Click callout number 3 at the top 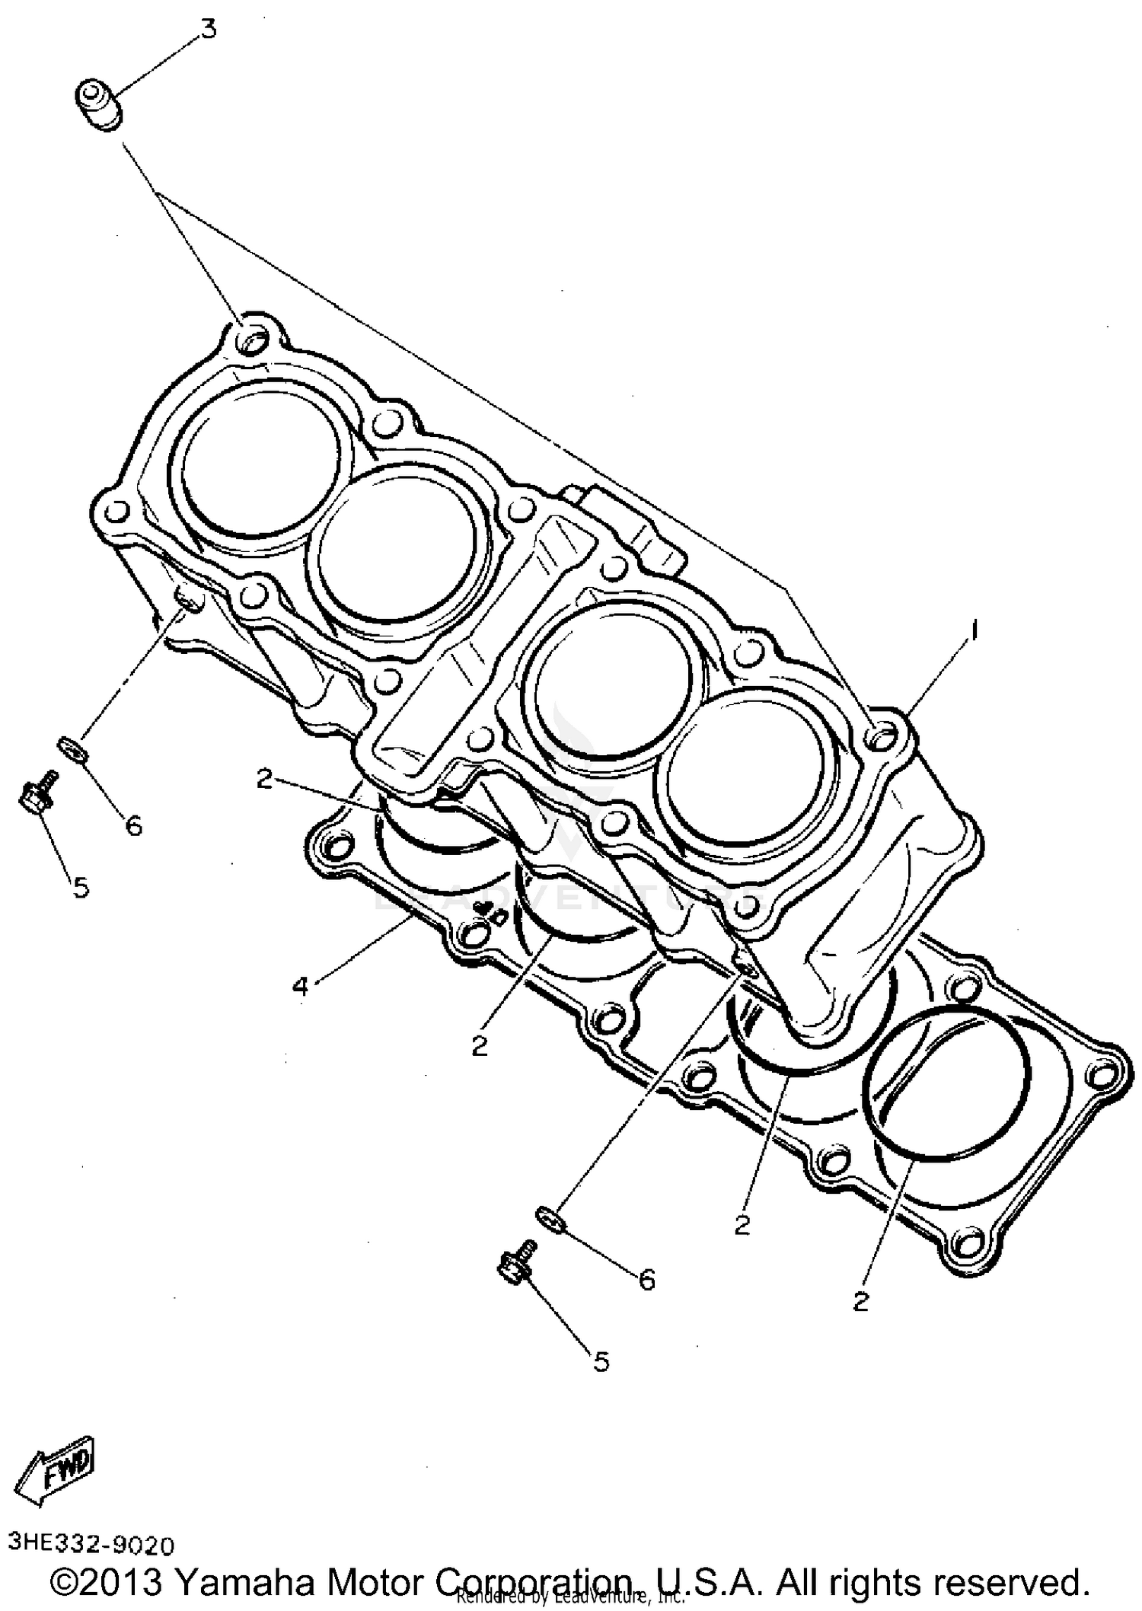click(208, 28)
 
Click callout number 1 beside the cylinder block click(973, 630)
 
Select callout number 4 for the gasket click(300, 987)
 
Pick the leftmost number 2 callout click(264, 778)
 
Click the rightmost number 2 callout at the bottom click(860, 1301)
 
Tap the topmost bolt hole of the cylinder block click(252, 339)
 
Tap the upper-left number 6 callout click(133, 825)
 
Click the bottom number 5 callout click(601, 1361)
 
